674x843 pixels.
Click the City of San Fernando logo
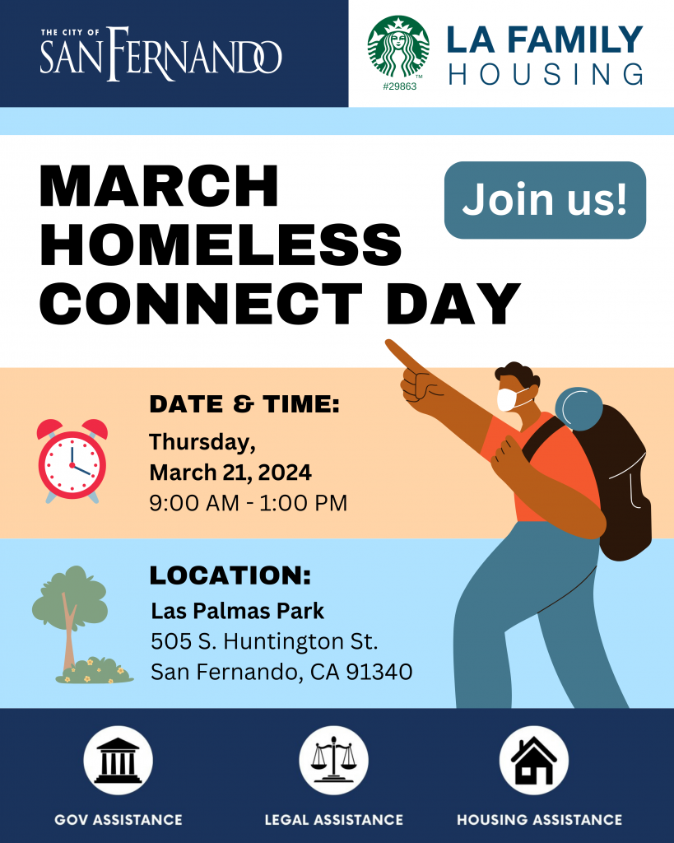click(x=160, y=54)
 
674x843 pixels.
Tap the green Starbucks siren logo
click(x=398, y=47)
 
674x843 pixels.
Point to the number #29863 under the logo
click(x=399, y=86)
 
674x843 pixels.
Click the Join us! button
click(x=545, y=200)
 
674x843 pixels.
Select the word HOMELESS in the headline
click(x=221, y=245)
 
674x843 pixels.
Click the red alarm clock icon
click(x=72, y=461)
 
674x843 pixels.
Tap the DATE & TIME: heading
click(x=244, y=404)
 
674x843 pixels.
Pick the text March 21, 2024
click(x=230, y=473)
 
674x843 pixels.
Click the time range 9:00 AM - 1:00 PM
click(x=249, y=503)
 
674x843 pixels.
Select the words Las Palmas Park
click(x=237, y=611)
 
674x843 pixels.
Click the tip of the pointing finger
click(x=388, y=342)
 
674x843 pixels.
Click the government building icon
click(x=119, y=760)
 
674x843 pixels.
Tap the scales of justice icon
click(x=334, y=760)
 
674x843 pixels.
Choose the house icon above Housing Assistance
click(x=534, y=760)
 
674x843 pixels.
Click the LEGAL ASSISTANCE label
click(x=334, y=820)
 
